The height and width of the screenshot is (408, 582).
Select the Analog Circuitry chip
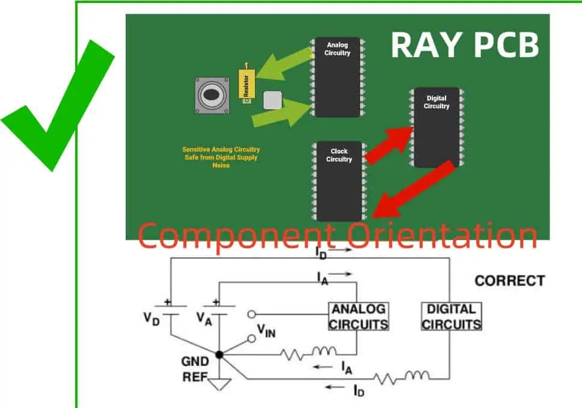pyautogui.click(x=337, y=77)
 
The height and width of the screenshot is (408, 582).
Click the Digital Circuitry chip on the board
pyautogui.click(x=437, y=127)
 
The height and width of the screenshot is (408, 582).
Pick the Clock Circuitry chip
pyautogui.click(x=338, y=180)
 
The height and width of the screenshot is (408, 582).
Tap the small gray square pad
pyautogui.click(x=272, y=99)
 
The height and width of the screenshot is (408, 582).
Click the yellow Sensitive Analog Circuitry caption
pyautogui.click(x=221, y=157)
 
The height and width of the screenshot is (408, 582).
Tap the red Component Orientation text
pyautogui.click(x=338, y=236)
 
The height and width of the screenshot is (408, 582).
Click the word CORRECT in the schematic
pyautogui.click(x=509, y=281)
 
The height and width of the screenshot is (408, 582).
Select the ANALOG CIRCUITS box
pyautogui.click(x=358, y=317)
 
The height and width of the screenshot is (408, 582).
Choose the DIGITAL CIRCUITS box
pyautogui.click(x=452, y=317)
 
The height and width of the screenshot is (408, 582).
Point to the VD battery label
pyautogui.click(x=152, y=318)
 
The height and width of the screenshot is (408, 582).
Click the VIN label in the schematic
pyautogui.click(x=266, y=330)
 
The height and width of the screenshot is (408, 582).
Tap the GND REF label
pyautogui.click(x=195, y=370)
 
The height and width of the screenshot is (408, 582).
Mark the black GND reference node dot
pyautogui.click(x=219, y=355)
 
